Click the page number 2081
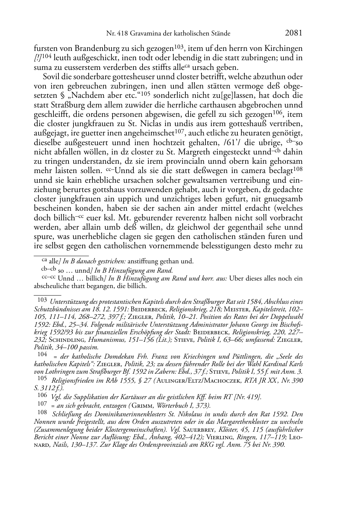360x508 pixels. coord(294,33)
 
